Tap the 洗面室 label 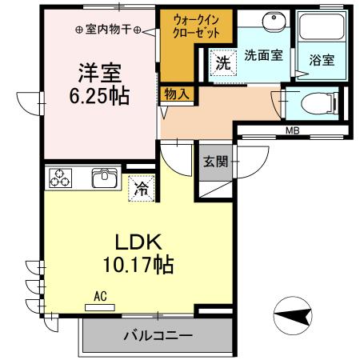coord(262,56)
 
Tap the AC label coord(100,295)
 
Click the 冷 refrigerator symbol coord(140,189)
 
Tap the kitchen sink coord(105,178)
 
